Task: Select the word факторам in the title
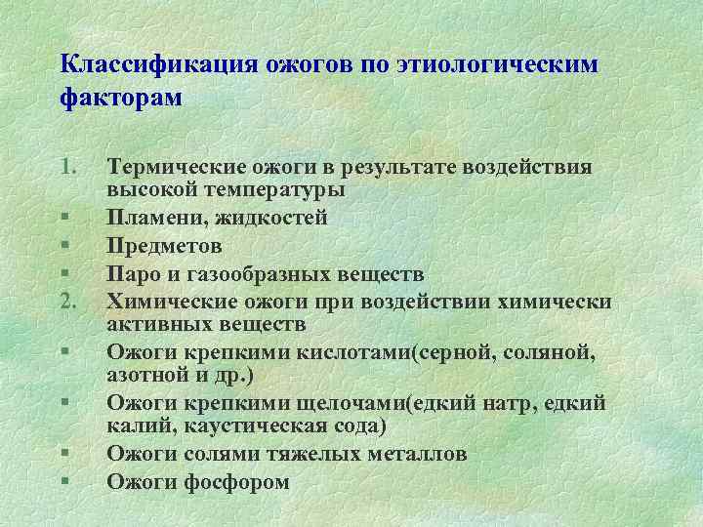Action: coord(121,99)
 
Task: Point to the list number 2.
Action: coord(67,300)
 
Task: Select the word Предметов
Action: coord(164,245)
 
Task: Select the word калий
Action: coord(134,427)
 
